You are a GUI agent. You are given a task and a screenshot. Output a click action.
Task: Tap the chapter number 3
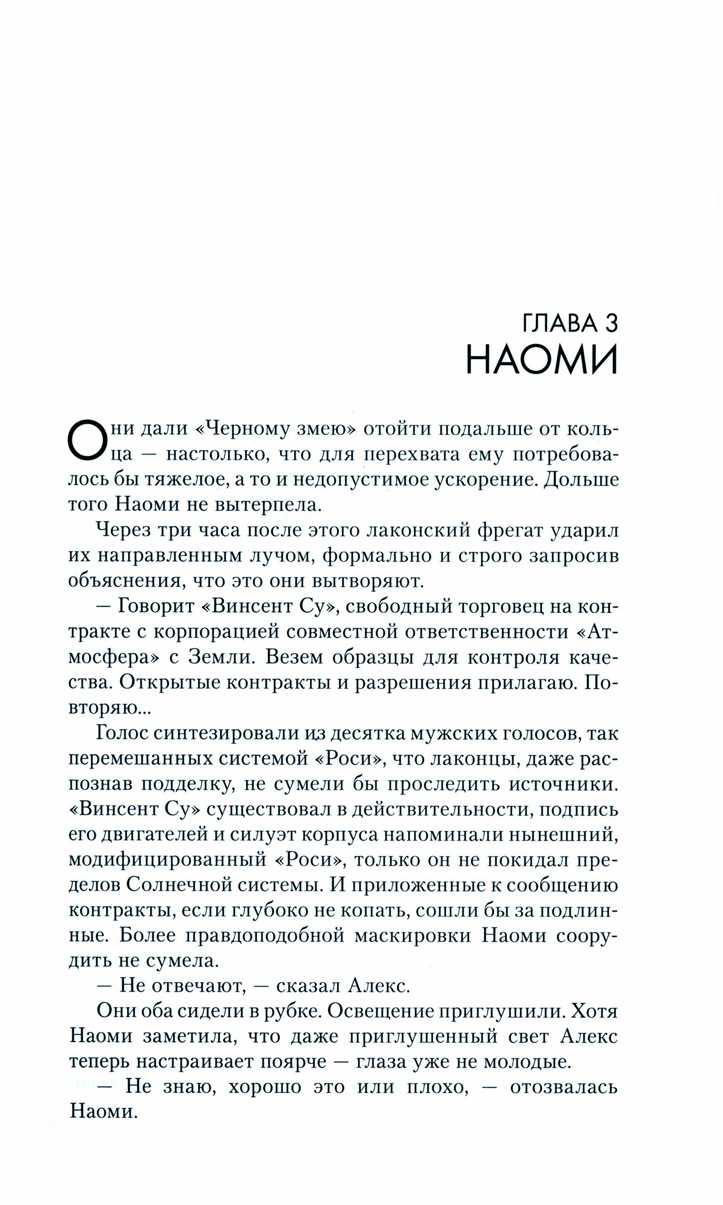(x=611, y=324)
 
